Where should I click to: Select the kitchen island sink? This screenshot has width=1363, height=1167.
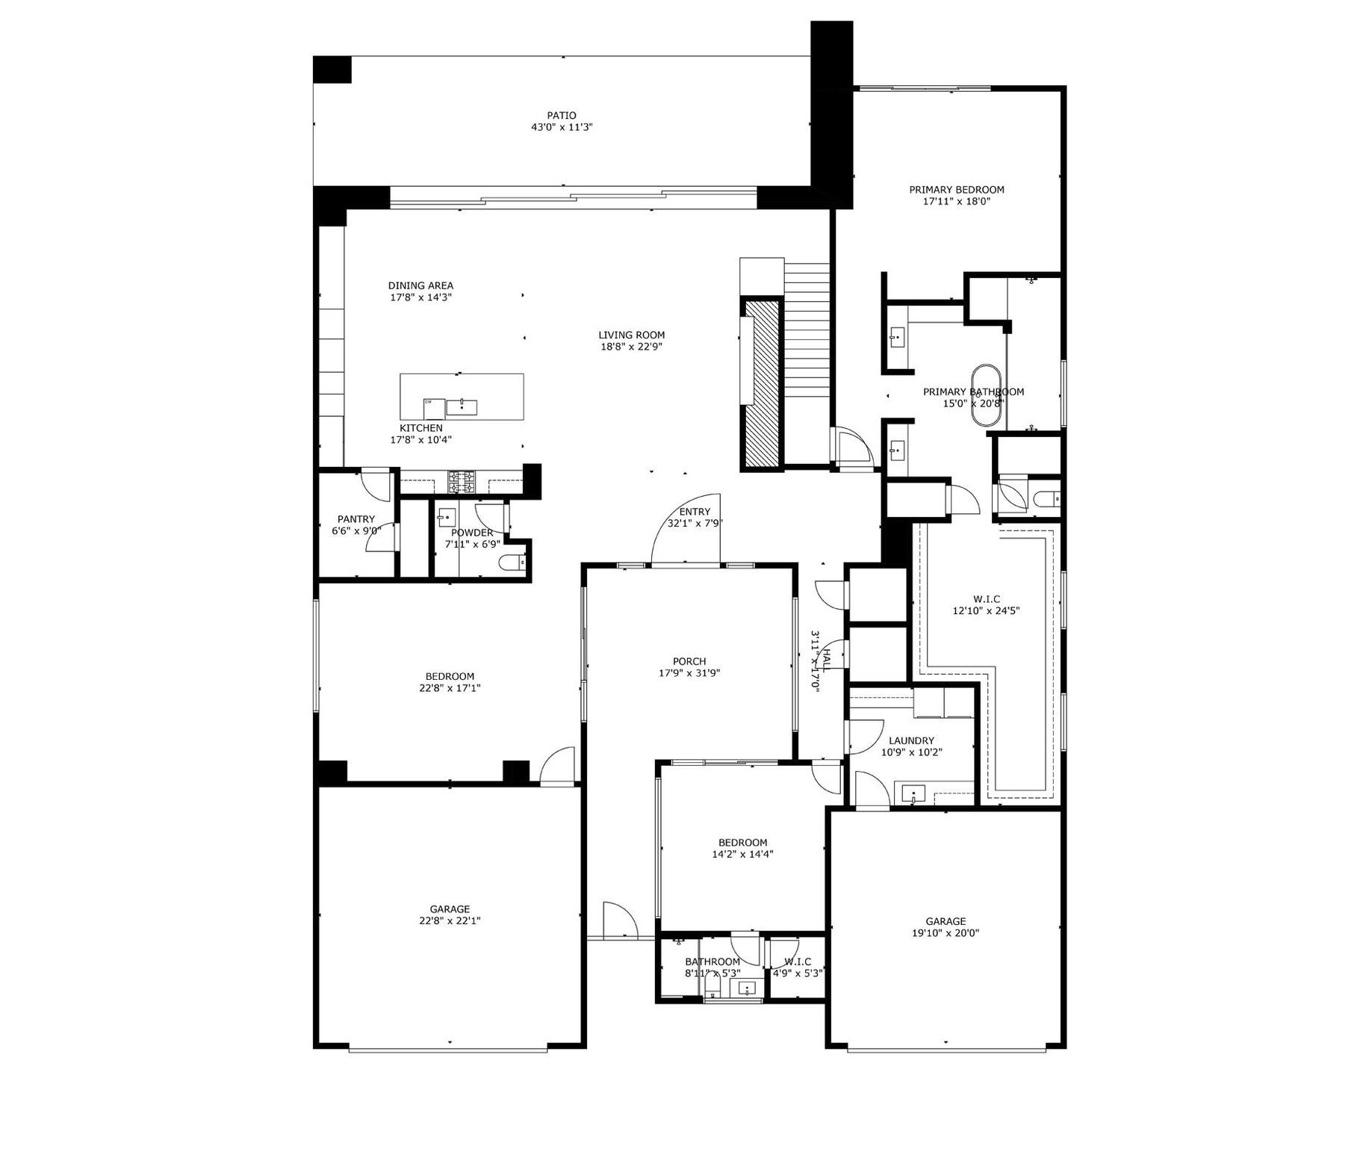(x=462, y=406)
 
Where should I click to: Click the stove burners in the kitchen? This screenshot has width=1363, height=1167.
(x=462, y=481)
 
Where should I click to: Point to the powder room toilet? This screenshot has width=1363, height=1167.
(x=512, y=563)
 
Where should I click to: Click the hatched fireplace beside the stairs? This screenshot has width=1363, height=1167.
(x=761, y=383)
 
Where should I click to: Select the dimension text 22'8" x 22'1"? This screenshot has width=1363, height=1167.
(x=450, y=921)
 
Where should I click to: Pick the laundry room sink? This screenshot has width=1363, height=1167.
(x=913, y=793)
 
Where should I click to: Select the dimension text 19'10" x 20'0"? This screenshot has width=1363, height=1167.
(x=946, y=933)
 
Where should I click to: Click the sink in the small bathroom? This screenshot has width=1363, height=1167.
(x=747, y=988)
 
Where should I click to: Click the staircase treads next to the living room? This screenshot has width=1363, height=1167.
(x=807, y=336)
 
